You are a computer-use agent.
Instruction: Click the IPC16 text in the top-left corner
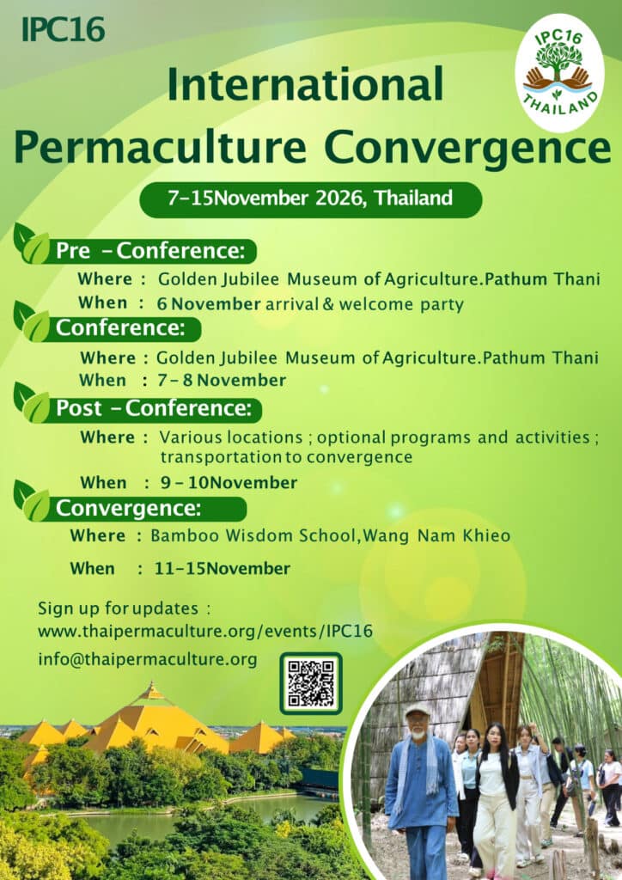click(x=63, y=29)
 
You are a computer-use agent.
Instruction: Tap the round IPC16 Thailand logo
click(x=558, y=73)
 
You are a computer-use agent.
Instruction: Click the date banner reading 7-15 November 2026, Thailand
click(x=310, y=199)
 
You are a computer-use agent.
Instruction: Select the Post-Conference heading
click(x=154, y=408)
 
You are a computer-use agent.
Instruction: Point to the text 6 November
click(x=209, y=303)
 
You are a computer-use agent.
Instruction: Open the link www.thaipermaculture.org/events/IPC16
click(x=204, y=631)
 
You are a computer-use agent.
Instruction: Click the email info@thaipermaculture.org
click(x=147, y=659)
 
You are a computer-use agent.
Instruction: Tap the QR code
click(x=310, y=683)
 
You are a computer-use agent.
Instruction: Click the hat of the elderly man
click(x=417, y=710)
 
